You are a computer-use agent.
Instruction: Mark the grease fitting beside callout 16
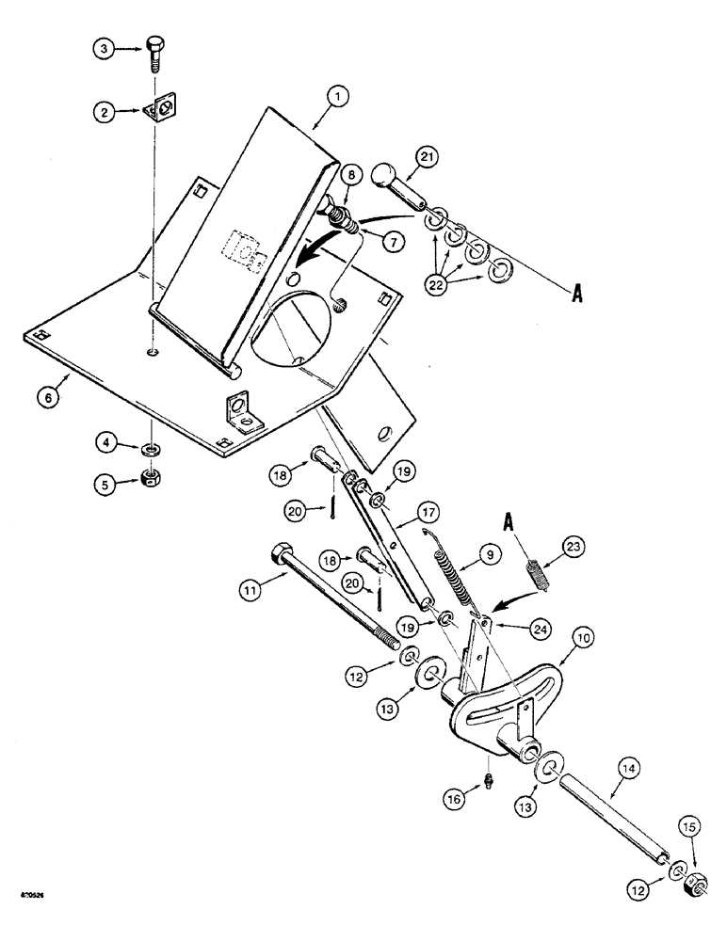point(489,780)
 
